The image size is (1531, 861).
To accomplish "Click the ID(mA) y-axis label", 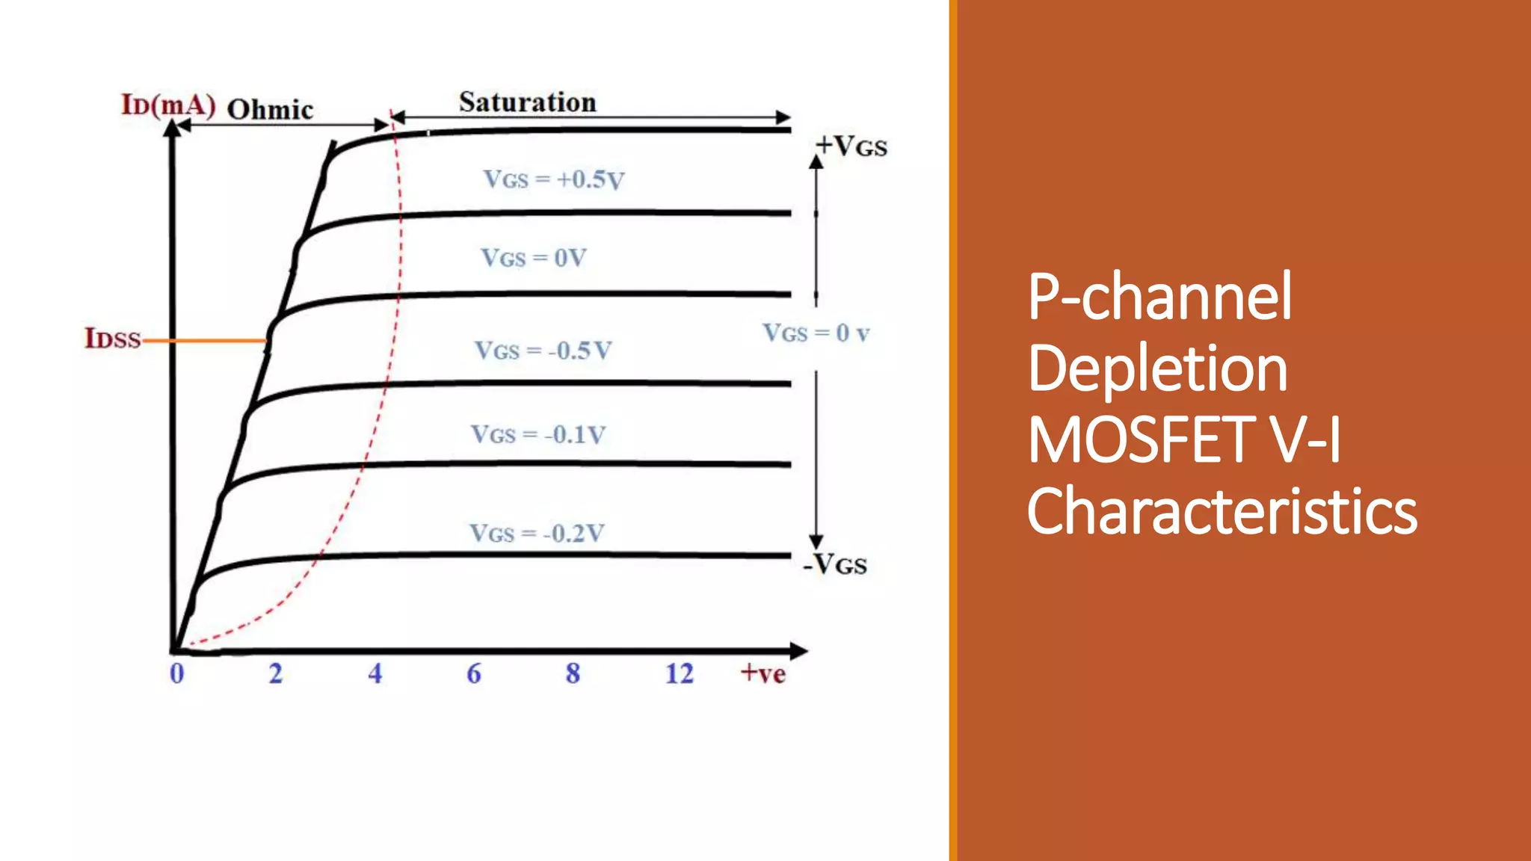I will point(168,105).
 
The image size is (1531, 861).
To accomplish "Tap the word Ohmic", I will point(270,110).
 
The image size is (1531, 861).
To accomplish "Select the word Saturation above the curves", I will point(528,102).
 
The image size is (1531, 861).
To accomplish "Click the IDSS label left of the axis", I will point(113,339).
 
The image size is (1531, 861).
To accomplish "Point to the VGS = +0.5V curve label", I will point(553,179).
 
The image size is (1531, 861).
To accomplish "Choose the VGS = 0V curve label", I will point(534,258).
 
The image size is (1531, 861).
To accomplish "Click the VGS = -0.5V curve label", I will point(543,350).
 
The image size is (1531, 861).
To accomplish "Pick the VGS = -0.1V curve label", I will point(538,434).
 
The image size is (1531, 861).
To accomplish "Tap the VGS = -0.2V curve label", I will point(537,533).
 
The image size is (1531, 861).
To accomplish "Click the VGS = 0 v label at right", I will point(816,333).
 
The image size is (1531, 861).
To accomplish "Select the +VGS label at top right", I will point(851,146).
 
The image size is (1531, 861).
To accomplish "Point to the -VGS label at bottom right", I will point(835,564).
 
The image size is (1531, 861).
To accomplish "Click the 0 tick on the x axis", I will point(176,673).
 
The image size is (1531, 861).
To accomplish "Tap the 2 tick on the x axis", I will point(276,673).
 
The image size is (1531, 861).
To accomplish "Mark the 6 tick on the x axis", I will point(474,673).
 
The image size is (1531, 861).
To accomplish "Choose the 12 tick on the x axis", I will point(680,673).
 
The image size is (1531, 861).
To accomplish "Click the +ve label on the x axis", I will point(763,673).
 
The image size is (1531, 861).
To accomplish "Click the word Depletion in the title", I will point(1157,368).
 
